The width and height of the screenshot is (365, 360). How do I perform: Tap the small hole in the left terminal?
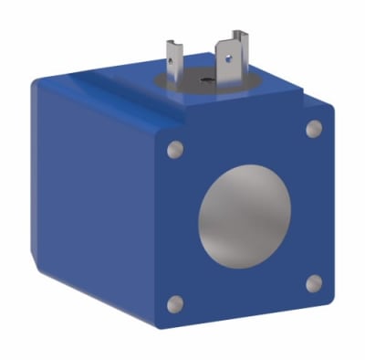[173, 57]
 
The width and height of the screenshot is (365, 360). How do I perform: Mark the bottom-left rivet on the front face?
[177, 303]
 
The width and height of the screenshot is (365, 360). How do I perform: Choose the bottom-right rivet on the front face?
[312, 282]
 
